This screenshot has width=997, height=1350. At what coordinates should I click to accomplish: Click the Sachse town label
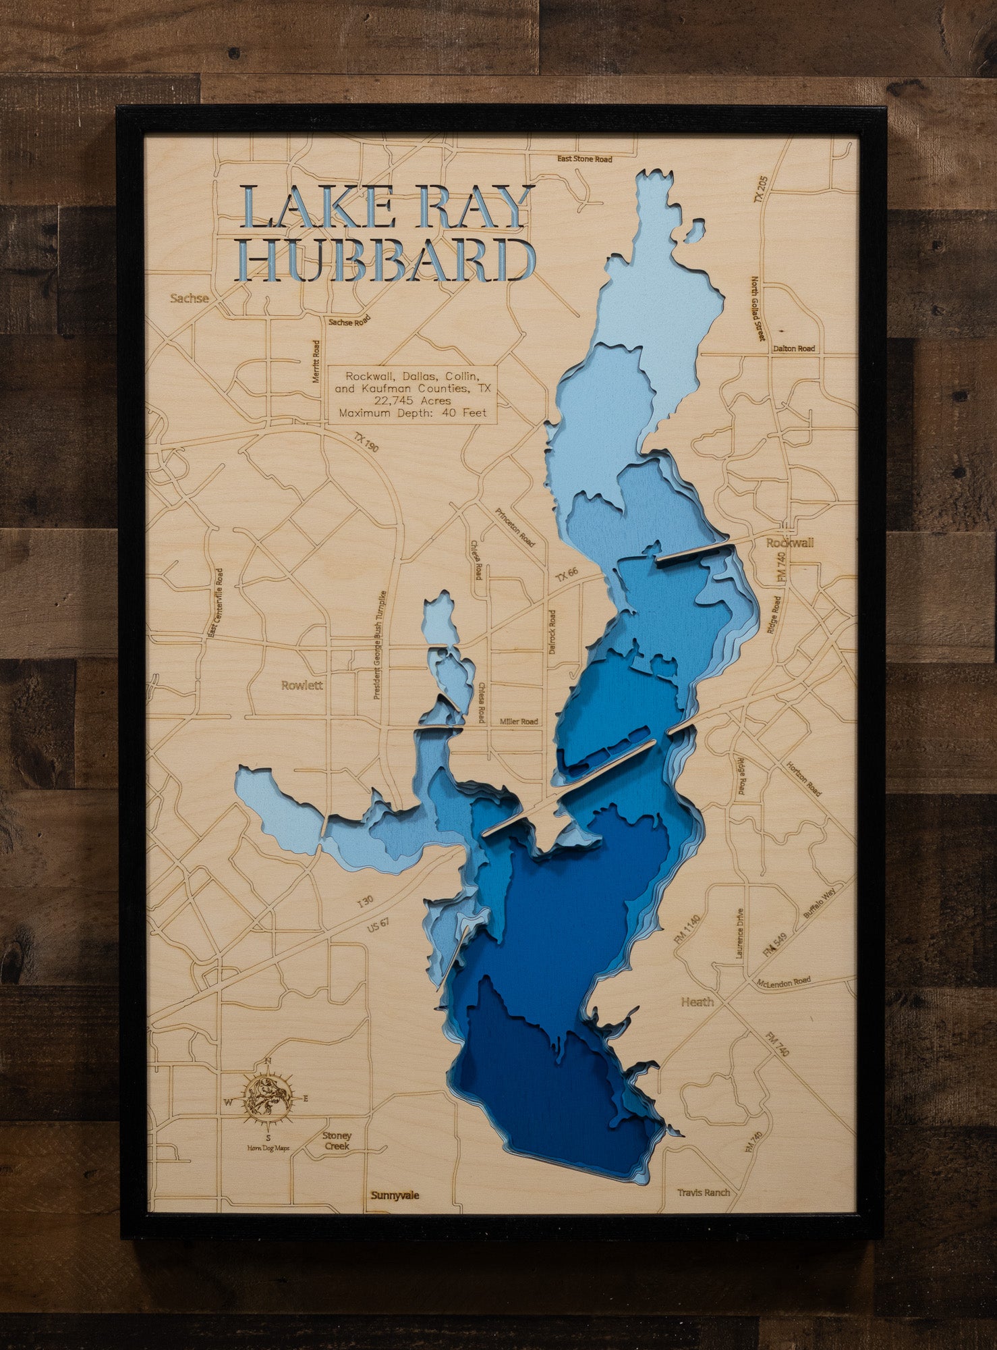(190, 298)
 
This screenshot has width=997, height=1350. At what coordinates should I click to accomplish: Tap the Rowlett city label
(302, 685)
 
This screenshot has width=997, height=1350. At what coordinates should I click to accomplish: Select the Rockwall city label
(789, 543)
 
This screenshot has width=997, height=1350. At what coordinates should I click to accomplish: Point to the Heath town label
(697, 1002)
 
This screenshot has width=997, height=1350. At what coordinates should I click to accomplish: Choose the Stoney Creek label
(337, 1141)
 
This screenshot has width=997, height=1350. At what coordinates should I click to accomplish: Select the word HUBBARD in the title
(389, 260)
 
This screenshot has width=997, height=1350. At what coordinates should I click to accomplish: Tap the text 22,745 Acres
(412, 401)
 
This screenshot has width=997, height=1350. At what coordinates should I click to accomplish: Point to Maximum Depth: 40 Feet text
(412, 413)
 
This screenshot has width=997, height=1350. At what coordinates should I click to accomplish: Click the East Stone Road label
(584, 159)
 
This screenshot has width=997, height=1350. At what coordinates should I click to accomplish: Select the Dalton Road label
(795, 349)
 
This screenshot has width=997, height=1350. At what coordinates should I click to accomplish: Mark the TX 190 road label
(367, 446)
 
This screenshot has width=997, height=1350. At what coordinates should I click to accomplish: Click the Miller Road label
(519, 722)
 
